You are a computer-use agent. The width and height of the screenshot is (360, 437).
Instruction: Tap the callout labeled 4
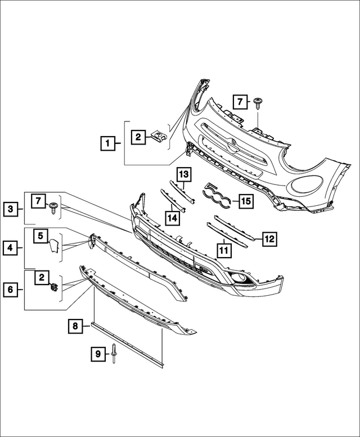tap(11, 246)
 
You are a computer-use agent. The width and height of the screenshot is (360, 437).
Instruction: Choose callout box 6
tap(11, 290)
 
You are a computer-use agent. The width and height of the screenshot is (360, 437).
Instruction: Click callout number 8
tap(74, 325)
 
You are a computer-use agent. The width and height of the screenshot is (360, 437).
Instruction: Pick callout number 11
tap(224, 248)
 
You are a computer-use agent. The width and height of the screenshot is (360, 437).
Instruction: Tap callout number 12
tap(269, 239)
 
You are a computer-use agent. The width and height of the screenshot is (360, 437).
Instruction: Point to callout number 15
tap(245, 200)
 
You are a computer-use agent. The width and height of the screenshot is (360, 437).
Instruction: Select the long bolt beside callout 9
tap(114, 354)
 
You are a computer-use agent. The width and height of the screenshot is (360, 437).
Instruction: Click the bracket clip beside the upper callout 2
tap(162, 136)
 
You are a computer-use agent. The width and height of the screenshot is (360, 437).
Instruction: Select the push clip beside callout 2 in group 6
tap(54, 287)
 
